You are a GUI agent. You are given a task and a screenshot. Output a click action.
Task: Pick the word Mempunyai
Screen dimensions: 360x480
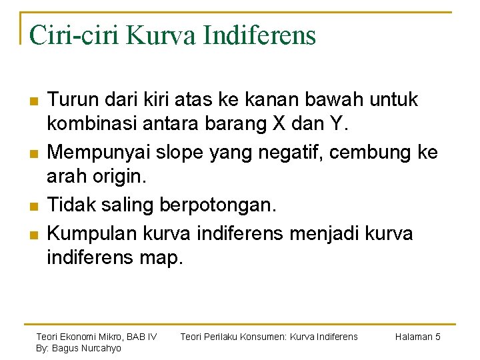(99, 153)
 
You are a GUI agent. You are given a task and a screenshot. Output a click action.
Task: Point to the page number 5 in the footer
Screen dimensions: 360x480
(437, 337)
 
